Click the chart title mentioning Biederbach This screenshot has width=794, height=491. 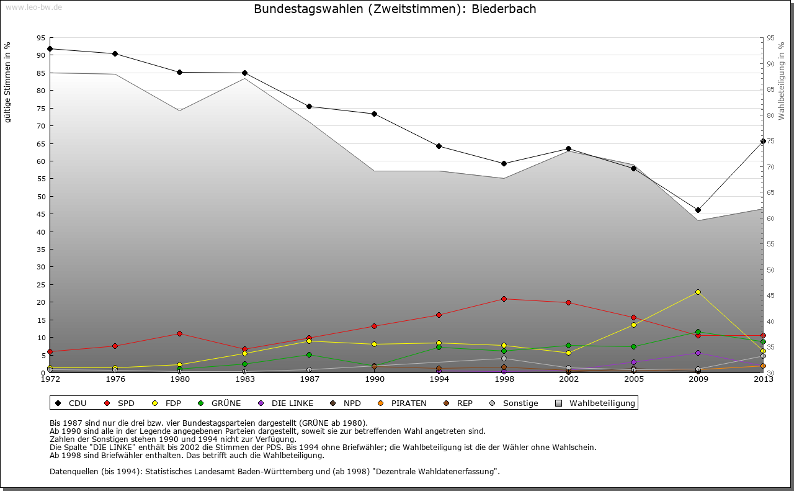tap(395, 9)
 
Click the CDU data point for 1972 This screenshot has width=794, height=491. tap(50, 48)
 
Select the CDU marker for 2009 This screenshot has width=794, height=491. tap(698, 210)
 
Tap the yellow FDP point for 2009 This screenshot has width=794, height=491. tap(698, 292)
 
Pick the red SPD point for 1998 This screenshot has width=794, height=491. tap(504, 299)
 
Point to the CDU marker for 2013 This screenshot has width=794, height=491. tap(763, 141)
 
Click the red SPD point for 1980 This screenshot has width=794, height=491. tap(180, 333)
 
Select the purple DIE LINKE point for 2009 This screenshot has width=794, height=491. tap(698, 353)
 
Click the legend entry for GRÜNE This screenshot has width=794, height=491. tap(226, 403)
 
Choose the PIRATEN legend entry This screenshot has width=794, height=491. tap(408, 403)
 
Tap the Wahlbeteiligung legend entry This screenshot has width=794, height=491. tap(602, 403)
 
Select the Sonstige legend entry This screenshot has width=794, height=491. tap(520, 403)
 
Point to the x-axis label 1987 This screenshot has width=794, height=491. tap(309, 379)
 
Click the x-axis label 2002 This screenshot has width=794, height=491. tap(568, 379)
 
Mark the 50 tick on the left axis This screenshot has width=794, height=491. tap(41, 197)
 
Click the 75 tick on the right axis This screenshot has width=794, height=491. tap(770, 142)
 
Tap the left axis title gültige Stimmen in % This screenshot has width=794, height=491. tap(8, 82)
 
